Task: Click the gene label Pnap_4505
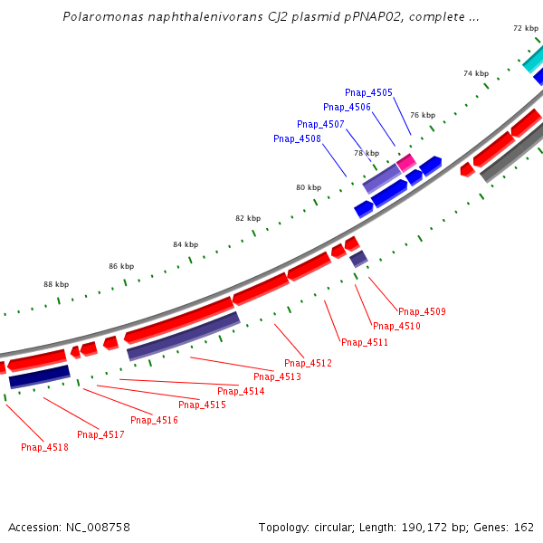pyautogui.click(x=368, y=92)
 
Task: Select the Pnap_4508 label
pyautogui.click(x=297, y=138)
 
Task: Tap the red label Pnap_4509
pyautogui.click(x=422, y=311)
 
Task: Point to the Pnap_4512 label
pyautogui.click(x=308, y=363)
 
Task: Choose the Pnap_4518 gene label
pyautogui.click(x=44, y=447)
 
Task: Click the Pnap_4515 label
pyautogui.click(x=202, y=405)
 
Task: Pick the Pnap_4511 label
pyautogui.click(x=365, y=342)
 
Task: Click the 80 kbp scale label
pyautogui.click(x=308, y=187)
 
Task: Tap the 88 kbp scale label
pyautogui.click(x=56, y=284)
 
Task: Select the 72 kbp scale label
pyautogui.click(x=525, y=28)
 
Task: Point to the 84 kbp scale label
pyautogui.click(x=186, y=244)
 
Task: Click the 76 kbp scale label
pyautogui.click(x=422, y=115)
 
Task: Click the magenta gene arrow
pyautogui.click(x=406, y=162)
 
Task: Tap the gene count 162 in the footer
pyautogui.click(x=524, y=527)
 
